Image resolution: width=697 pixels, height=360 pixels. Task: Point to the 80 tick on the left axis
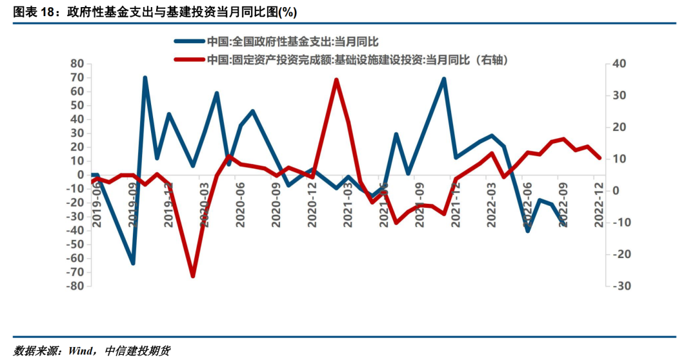[77, 64]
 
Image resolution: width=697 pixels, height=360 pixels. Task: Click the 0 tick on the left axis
[81, 175]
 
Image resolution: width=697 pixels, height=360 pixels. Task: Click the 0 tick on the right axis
[616, 191]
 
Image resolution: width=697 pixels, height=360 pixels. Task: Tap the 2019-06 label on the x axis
[97, 204]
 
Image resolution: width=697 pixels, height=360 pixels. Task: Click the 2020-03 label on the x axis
[204, 204]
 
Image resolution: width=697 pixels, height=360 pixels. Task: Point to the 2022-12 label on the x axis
[598, 204]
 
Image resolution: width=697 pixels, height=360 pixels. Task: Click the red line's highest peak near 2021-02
[336, 79]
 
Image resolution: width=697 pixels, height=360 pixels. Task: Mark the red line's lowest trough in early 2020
[192, 275]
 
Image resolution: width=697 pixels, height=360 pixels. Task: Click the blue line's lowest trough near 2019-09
[133, 263]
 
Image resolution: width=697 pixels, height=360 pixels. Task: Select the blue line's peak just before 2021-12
[444, 79]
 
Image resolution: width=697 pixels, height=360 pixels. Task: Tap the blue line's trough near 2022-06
[528, 230]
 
